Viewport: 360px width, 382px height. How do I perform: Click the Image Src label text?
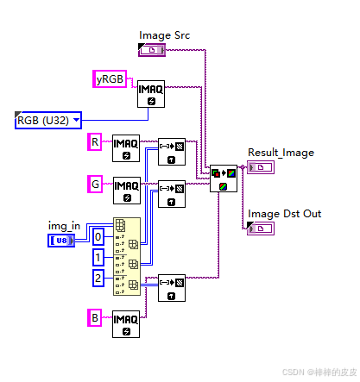pyautogui.click(x=164, y=35)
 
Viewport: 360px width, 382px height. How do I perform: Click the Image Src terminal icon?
pyautogui.click(x=152, y=51)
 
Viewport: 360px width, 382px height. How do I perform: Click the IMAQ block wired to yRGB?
pyautogui.click(x=152, y=95)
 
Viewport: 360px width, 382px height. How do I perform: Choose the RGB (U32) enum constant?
pyautogui.click(x=48, y=120)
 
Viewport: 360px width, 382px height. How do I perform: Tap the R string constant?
pyautogui.click(x=95, y=141)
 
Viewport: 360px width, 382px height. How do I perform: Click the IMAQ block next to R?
pyautogui.click(x=126, y=149)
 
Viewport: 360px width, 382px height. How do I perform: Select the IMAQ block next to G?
pyautogui.click(x=126, y=191)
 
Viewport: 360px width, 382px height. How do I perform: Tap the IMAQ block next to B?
pyautogui.click(x=126, y=324)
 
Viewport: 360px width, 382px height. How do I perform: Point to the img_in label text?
pyautogui.click(x=64, y=225)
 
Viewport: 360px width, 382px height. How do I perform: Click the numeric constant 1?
pyautogui.click(x=99, y=257)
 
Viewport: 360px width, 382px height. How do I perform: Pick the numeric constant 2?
pyautogui.click(x=99, y=277)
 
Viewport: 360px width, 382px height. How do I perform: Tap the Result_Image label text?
pyautogui.click(x=281, y=153)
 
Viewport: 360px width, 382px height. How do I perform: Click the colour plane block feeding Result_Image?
pyautogui.click(x=224, y=179)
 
